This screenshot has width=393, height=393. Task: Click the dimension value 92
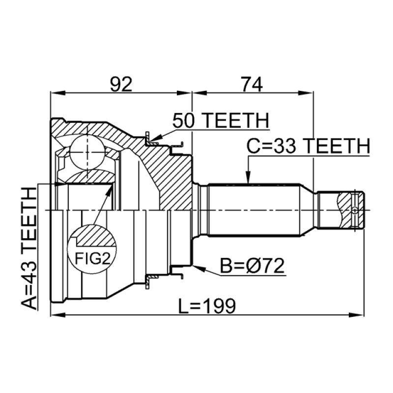[121, 85]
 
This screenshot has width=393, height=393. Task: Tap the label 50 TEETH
[220, 120]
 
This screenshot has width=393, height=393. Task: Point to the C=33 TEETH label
[308, 146]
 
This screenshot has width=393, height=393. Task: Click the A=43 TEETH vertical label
[30, 249]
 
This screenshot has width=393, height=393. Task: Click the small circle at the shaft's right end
[355, 210]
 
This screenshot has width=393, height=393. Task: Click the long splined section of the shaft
[253, 210]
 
